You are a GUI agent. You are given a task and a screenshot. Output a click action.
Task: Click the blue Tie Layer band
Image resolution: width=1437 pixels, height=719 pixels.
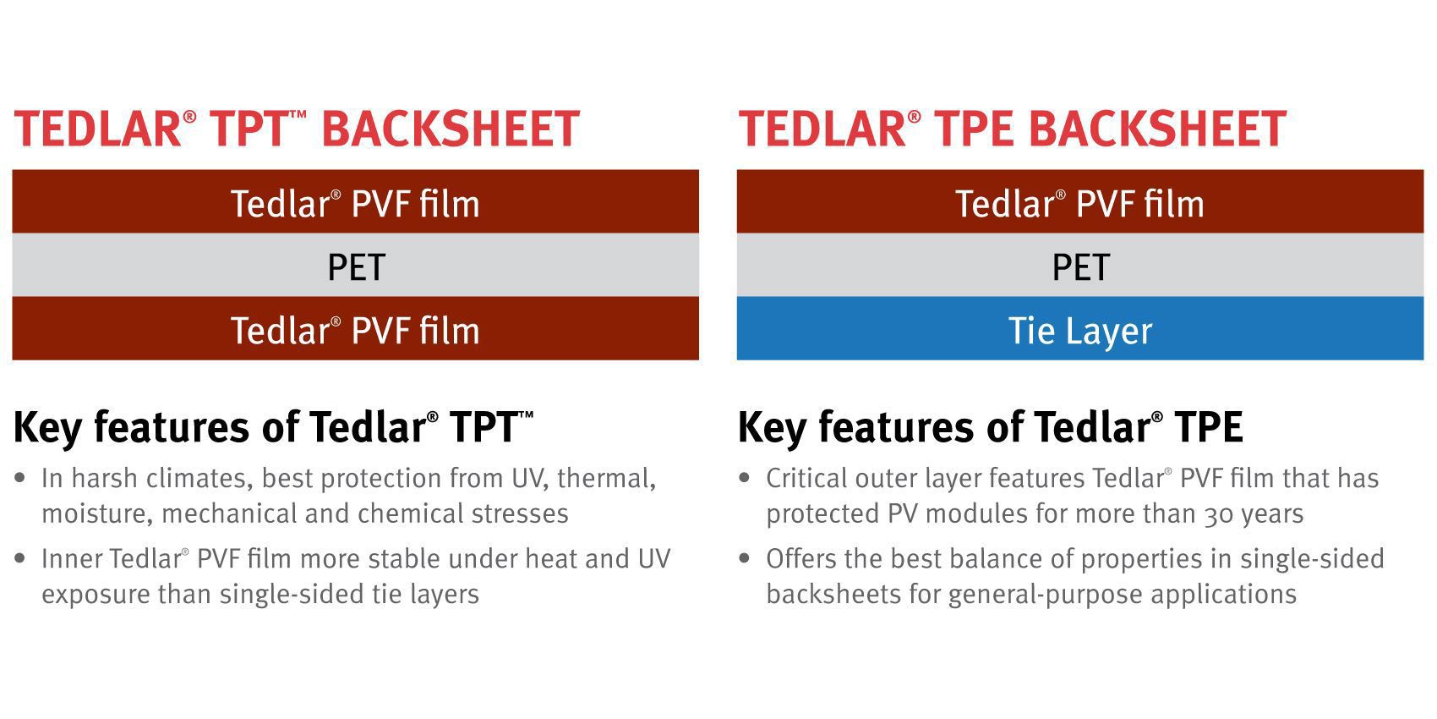coord(1079,328)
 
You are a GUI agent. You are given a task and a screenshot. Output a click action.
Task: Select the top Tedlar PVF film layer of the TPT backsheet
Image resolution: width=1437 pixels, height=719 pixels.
coord(355,201)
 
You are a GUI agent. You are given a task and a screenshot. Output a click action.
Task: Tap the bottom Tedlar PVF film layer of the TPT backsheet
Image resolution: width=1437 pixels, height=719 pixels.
coord(355,328)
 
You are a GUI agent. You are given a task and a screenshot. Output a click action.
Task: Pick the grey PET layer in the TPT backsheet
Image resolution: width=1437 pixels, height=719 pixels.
coord(355,265)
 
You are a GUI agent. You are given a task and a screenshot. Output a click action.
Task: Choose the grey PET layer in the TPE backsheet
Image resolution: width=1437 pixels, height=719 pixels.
coord(1079,265)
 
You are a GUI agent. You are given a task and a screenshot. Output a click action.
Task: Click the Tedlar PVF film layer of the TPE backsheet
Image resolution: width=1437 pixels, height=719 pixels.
coord(1079,201)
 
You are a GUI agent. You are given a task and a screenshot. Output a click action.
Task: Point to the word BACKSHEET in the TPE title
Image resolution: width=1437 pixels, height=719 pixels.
coord(1158,129)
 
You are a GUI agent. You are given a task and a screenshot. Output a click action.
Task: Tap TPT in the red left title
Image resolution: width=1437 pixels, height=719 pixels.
coord(249,129)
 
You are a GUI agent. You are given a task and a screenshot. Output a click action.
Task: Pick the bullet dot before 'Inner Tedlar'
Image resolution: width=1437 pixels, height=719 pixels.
coord(20,558)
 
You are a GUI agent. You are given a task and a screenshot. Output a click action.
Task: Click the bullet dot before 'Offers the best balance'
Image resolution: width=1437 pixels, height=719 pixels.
coord(744,558)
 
